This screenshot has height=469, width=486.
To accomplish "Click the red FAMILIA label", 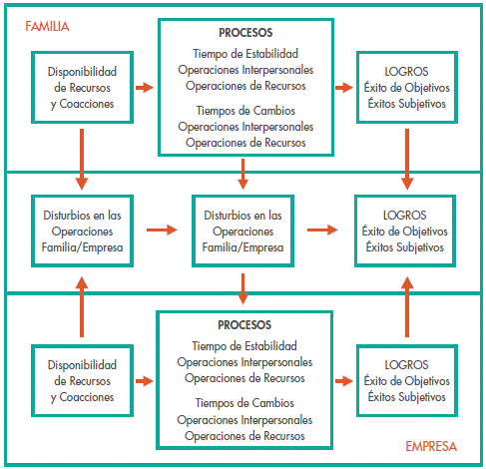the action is click(47, 26).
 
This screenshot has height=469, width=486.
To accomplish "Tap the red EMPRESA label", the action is click(431, 446).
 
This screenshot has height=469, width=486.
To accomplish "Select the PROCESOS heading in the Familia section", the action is click(245, 33).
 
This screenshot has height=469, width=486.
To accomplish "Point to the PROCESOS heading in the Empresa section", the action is click(244, 325).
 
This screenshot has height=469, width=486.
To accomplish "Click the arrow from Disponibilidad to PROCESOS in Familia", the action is click(145, 88).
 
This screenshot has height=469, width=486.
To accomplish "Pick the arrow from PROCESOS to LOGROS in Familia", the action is click(344, 88).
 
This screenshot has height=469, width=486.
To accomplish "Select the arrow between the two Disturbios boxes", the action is click(162, 230).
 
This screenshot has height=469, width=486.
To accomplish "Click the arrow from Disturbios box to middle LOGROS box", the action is click(322, 230).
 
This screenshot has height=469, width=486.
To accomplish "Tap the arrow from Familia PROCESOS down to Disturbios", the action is click(243, 174).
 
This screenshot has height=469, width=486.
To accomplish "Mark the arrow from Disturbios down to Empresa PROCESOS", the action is click(243, 288).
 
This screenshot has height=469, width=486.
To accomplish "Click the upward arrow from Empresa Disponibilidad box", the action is click(82, 306).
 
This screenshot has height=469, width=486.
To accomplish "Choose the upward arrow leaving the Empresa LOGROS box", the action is click(407, 306).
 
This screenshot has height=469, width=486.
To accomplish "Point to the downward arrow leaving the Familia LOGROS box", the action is click(407, 160).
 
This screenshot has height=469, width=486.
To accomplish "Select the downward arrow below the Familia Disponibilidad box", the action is click(82, 160).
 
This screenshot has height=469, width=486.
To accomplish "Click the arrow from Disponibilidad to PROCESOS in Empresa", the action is click(145, 381).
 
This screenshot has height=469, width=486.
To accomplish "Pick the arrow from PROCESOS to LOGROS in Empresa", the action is click(344, 381).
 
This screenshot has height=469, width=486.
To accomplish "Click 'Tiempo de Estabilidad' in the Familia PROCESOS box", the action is click(245, 54).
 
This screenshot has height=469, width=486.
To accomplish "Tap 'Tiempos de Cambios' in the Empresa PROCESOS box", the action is click(244, 403).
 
